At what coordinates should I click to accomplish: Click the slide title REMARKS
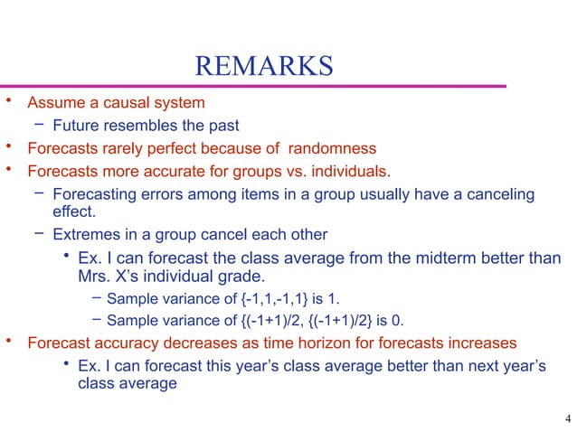(x=264, y=67)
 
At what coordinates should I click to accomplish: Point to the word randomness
(x=334, y=148)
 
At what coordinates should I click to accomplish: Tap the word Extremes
(x=83, y=235)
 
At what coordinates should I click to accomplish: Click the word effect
(x=75, y=213)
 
